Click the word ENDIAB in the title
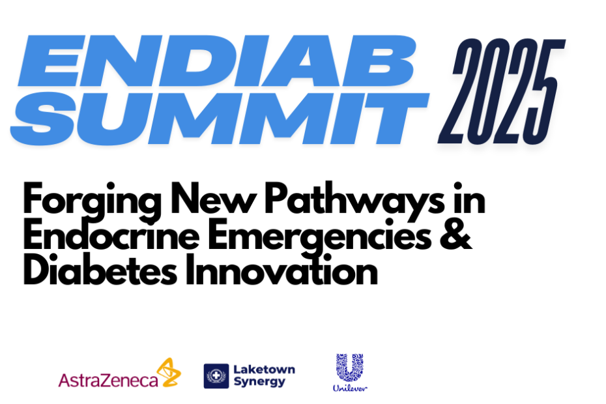(217, 61)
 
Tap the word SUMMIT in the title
(220, 119)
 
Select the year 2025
(502, 92)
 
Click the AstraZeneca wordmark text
(108, 380)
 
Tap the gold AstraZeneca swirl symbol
(169, 372)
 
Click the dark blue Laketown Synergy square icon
(216, 376)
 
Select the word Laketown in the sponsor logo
(264, 369)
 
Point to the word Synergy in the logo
(259, 382)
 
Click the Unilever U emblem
(350, 368)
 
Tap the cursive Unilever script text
(350, 388)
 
